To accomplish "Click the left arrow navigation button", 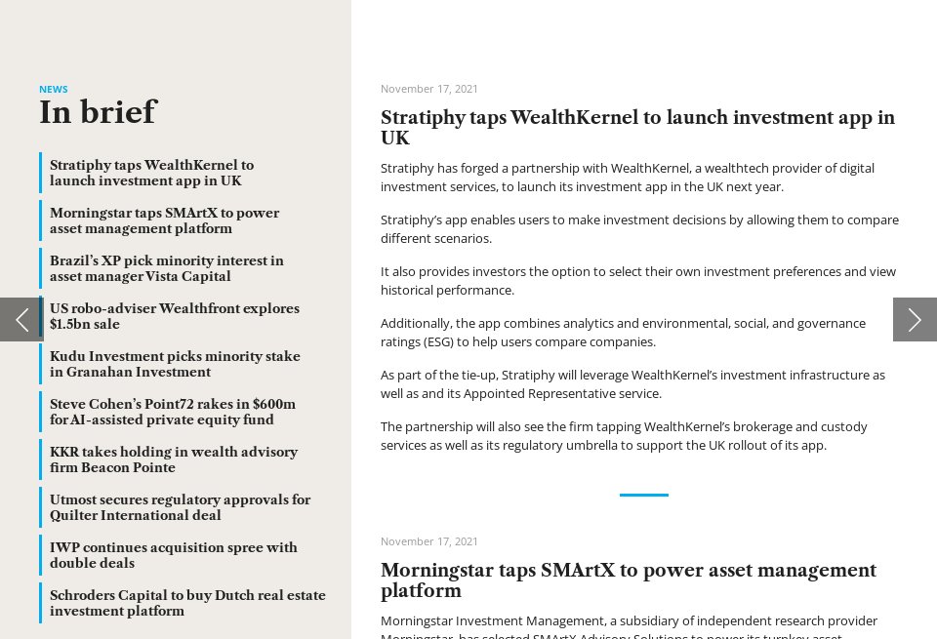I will pos(21,319).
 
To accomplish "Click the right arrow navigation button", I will pos(915,319).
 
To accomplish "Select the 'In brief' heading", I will pos(98,113).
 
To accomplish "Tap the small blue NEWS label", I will pos(54,89).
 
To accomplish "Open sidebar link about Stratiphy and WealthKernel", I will pos(151,173).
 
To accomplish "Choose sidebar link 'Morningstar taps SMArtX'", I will pos(164,220).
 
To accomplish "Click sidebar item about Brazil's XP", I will pos(166,268).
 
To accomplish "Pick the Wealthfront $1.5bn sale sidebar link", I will pos(174,316).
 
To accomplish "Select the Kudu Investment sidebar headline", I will pos(175,364).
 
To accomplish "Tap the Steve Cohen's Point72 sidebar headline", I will pos(172,412).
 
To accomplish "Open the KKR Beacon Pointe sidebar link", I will pos(173,459).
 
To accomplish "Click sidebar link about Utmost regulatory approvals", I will pos(180,507).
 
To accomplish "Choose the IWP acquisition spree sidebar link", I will pos(173,555).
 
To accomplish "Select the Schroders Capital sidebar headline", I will pos(187,603).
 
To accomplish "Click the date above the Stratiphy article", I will pos(429,89).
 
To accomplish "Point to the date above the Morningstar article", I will pos(429,541).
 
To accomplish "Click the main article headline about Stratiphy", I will pos(636,128).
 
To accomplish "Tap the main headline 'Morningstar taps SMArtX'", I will pos(628,579).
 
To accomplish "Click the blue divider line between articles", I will pos(643,495).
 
